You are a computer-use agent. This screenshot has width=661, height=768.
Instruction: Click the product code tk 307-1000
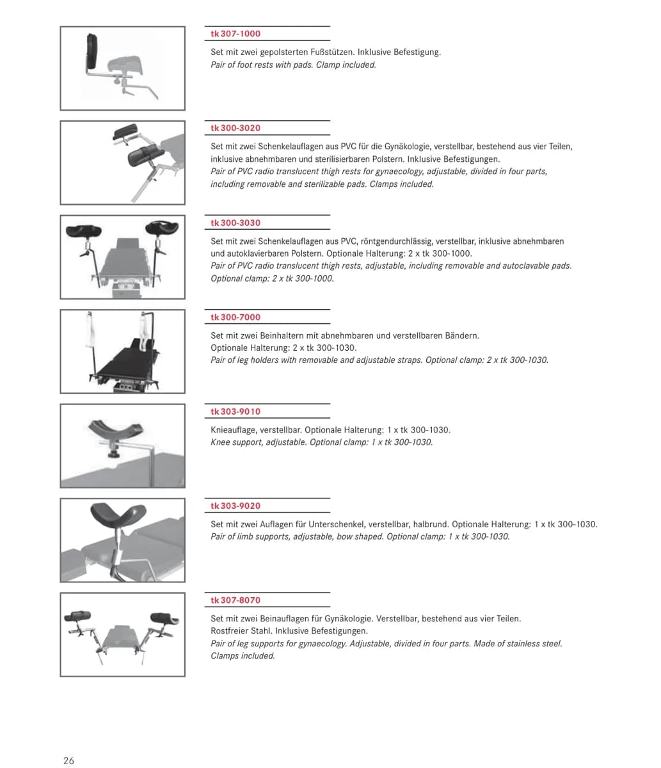[235, 33]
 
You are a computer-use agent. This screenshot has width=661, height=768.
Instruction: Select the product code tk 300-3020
[235, 128]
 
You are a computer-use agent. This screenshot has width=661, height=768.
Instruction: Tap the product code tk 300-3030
[235, 223]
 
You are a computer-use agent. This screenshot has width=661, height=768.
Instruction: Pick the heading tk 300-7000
[235, 317]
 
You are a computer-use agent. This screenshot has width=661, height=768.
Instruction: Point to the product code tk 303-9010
[235, 412]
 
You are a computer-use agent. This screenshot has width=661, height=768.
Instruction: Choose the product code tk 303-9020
[235, 506]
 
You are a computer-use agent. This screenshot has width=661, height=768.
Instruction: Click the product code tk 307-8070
[235, 600]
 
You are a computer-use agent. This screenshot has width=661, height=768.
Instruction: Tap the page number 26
[68, 760]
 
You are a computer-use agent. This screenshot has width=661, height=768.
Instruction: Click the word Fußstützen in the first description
[332, 52]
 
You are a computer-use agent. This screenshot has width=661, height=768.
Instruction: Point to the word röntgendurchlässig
[397, 241]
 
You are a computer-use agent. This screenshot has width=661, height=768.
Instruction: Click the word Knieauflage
[234, 430]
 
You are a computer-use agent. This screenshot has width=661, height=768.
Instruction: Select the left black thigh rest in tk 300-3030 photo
[83, 230]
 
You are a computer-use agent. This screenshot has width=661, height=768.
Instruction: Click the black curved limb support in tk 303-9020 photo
[118, 515]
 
